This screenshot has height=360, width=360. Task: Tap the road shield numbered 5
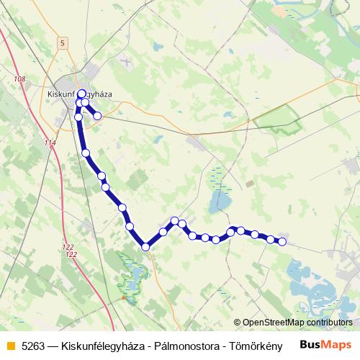click(x=63, y=43)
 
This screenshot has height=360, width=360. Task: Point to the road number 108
click(x=19, y=78)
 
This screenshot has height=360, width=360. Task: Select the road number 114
click(x=49, y=143)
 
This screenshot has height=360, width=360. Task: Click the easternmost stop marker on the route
click(x=282, y=242)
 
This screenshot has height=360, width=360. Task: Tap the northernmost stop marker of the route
click(x=81, y=93)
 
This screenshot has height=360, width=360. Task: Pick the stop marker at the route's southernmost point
click(x=145, y=247)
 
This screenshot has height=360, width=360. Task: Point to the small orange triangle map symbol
click(x=125, y=295)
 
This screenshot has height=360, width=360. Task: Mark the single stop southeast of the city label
click(x=97, y=115)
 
